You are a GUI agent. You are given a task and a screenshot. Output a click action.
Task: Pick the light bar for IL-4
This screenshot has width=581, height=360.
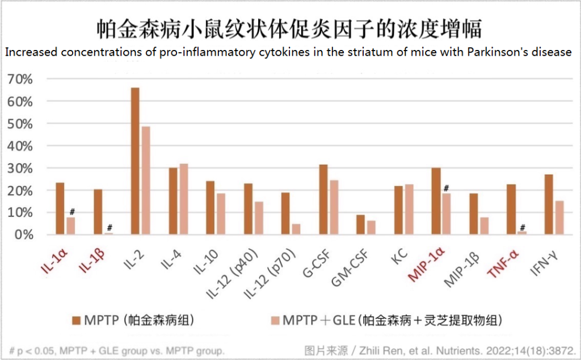183,199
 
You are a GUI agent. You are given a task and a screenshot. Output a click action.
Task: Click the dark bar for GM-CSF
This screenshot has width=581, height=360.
361,224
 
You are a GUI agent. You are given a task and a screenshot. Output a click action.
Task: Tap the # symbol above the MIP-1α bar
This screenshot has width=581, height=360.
447,188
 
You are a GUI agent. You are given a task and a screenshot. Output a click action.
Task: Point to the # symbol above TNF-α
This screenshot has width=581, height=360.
521,226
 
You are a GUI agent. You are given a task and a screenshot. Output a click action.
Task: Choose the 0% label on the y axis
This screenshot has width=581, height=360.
25,235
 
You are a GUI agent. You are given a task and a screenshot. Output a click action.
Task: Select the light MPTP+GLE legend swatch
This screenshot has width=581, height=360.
275,320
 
